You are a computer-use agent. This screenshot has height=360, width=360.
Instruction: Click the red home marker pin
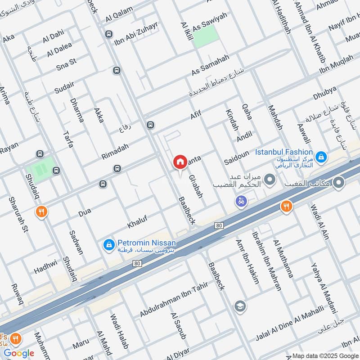tap(180, 162)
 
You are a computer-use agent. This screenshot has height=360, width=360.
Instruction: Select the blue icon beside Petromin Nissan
tap(108, 244)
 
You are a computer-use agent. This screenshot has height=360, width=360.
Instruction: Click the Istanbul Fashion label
tap(283, 152)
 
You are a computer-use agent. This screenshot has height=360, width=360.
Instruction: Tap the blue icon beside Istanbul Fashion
tap(320, 157)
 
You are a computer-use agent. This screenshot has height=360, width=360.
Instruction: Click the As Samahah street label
tap(210, 65)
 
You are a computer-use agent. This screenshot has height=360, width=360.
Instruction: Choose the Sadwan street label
tap(76, 242)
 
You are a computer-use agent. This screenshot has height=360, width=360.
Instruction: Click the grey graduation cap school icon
tap(240, 306)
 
